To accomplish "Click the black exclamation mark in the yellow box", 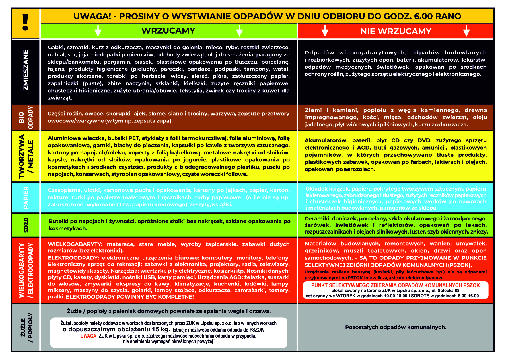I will click(x=26, y=22).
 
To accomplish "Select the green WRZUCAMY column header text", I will click(x=168, y=31).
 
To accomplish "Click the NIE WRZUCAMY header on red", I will click(x=396, y=31).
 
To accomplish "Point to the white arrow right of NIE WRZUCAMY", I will click(x=466, y=31).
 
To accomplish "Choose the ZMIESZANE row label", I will click(x=26, y=70).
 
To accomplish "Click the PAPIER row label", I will click(x=26, y=198).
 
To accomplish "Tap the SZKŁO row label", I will click(x=26, y=225).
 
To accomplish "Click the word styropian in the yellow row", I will click(x=124, y=174).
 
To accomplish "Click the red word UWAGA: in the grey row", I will click(x=89, y=336).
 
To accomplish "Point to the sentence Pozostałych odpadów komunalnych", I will click(x=396, y=328).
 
